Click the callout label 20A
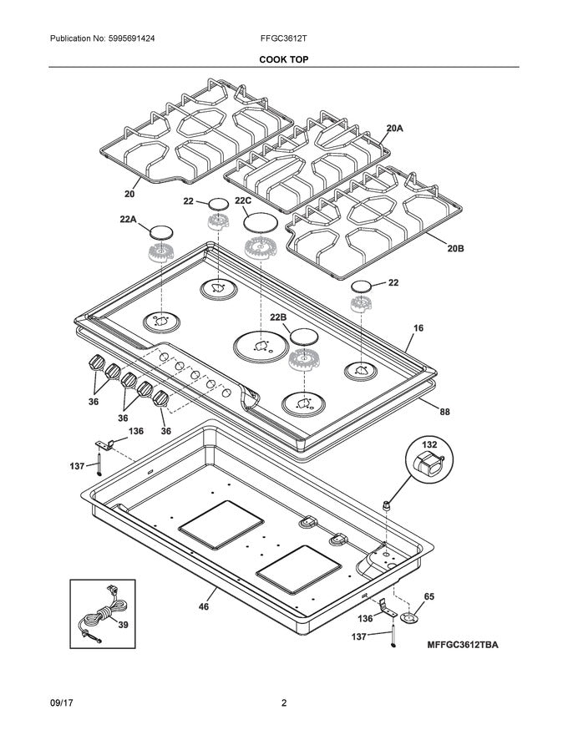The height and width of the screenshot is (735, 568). tap(394, 129)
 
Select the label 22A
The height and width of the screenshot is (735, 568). tap(128, 219)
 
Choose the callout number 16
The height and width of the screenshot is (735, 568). tap(418, 328)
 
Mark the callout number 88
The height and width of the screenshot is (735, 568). tap(444, 411)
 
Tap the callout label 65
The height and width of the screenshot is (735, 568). tap(429, 597)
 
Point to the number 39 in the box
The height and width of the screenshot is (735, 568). tap(124, 624)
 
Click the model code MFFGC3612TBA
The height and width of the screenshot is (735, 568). tap(468, 645)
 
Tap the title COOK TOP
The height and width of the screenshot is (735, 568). tap(283, 59)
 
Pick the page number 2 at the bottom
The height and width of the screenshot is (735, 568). tap(284, 703)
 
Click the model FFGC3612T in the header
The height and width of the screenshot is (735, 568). tap(284, 39)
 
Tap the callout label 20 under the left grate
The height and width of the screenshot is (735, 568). tap(129, 194)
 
